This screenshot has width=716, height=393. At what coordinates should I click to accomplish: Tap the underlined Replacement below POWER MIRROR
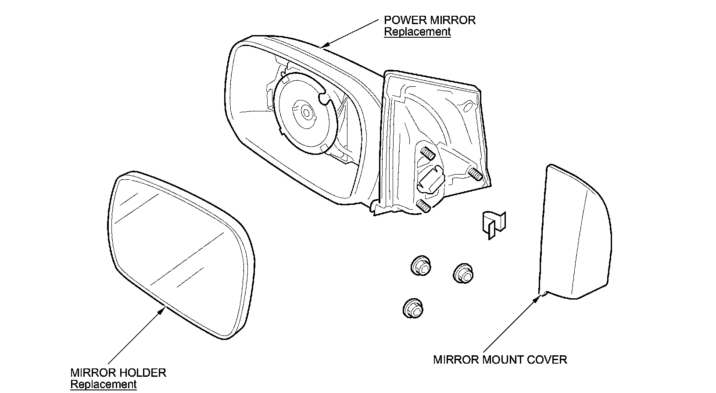click(417, 32)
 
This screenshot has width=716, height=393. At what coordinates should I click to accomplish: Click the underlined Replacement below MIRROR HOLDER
click(104, 384)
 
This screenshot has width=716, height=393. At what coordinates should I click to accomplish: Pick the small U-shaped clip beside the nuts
click(494, 224)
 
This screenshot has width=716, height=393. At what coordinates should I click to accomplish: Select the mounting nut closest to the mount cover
click(463, 273)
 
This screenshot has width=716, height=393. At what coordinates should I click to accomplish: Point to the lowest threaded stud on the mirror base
click(423, 205)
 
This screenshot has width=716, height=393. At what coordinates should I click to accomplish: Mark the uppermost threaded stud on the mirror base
click(427, 154)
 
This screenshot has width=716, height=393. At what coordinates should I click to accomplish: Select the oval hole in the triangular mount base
click(469, 107)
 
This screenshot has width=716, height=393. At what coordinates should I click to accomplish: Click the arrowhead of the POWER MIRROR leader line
click(323, 46)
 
